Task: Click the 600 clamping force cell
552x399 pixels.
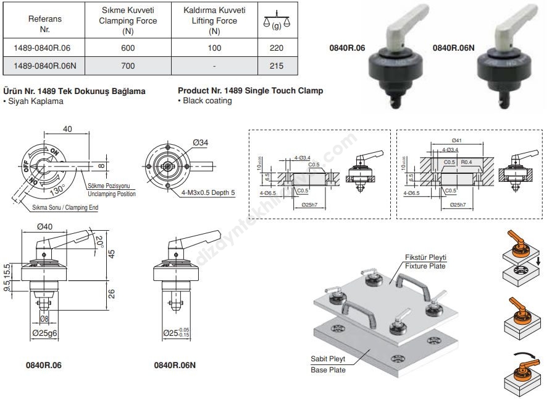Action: [128, 48]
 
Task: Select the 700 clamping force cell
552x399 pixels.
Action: [128, 66]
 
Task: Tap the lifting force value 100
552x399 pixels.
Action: [214, 48]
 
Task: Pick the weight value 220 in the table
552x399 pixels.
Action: [275, 48]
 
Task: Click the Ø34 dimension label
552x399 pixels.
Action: [200, 143]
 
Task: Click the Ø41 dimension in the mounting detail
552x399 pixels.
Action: [457, 140]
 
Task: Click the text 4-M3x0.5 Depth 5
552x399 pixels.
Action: [209, 192]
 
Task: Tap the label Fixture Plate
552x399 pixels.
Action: [425, 266]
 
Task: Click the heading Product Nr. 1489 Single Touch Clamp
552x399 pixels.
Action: [250, 91]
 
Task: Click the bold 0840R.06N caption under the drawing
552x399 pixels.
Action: [175, 366]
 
